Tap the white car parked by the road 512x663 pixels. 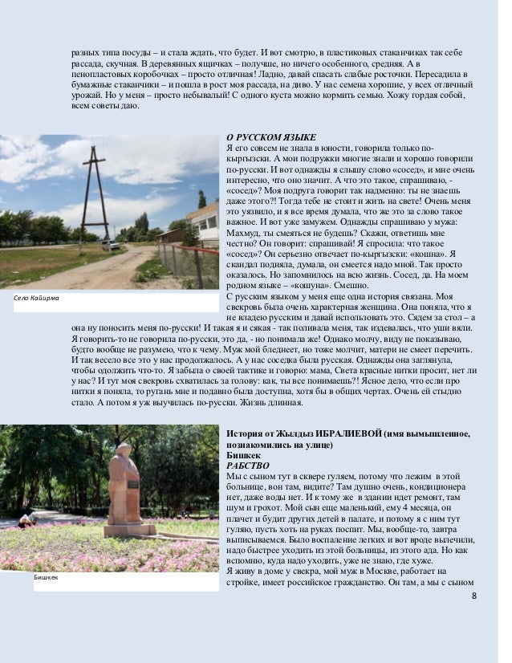[x=110, y=245]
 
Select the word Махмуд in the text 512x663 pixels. [x=245, y=244]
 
